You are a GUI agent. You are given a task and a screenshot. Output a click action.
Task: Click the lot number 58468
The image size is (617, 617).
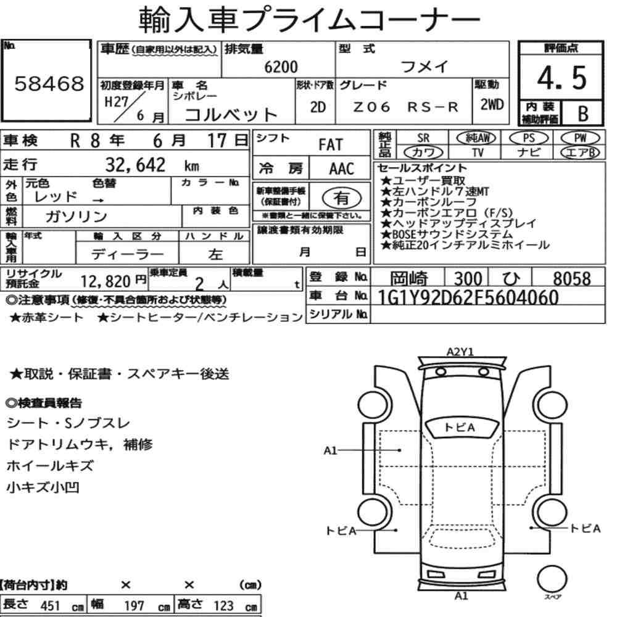(49, 84)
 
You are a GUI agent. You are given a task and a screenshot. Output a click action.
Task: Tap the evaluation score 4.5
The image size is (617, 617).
(562, 78)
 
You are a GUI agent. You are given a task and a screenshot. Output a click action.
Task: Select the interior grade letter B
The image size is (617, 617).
(583, 114)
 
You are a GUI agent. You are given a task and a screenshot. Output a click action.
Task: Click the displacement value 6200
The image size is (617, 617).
(281, 67)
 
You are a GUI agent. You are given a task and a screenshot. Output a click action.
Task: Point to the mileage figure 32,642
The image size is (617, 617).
(135, 165)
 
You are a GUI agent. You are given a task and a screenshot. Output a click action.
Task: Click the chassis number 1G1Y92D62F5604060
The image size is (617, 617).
(468, 297)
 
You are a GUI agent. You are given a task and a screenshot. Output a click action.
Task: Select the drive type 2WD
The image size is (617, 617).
(492, 105)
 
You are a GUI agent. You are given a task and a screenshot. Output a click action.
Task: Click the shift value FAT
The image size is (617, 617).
(331, 145)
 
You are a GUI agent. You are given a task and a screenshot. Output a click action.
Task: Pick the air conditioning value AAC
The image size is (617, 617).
(342, 169)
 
